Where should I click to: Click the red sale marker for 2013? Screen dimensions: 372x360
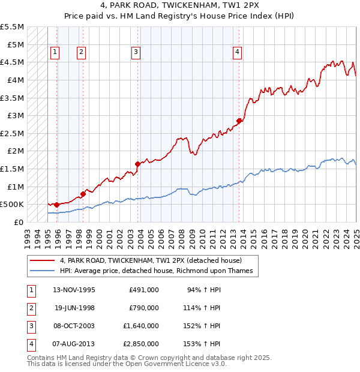(x=239, y=121)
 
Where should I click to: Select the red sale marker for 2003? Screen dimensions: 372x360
(x=138, y=163)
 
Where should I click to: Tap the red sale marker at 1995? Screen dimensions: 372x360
(x=56, y=205)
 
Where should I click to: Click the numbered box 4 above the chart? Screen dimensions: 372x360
(x=238, y=52)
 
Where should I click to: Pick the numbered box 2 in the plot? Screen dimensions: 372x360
(x=80, y=52)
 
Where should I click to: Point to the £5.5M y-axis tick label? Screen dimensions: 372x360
(x=12, y=27)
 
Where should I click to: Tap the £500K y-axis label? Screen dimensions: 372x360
(x=12, y=205)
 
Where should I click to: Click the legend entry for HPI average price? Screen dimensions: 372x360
(x=157, y=271)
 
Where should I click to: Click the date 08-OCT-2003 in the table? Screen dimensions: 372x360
(x=73, y=326)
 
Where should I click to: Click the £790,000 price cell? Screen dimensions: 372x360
(x=143, y=308)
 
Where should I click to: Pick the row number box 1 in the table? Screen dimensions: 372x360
(x=31, y=290)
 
